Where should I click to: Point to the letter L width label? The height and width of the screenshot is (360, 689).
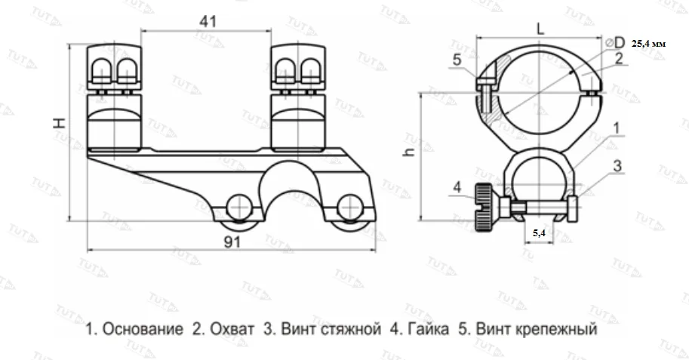click(539, 27)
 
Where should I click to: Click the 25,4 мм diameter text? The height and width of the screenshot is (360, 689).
click(649, 45)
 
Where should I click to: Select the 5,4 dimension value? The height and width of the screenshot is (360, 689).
click(540, 234)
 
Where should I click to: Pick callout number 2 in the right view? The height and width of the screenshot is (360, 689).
click(618, 57)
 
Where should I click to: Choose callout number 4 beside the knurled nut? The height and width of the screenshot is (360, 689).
click(457, 186)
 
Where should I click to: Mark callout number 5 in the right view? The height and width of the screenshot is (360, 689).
click(457, 60)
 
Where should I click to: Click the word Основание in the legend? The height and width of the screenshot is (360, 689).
click(143, 330)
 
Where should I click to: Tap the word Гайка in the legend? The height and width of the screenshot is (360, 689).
click(420, 330)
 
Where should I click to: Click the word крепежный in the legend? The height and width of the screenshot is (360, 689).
click(557, 330)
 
